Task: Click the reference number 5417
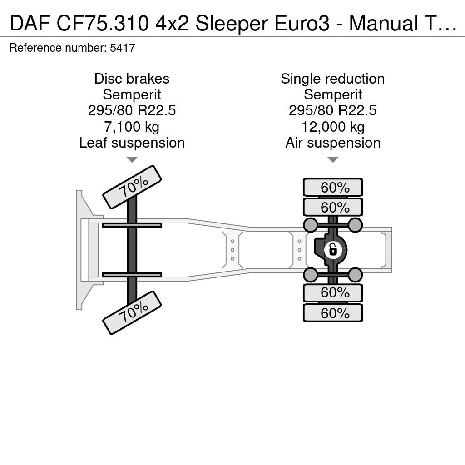click(x=123, y=48)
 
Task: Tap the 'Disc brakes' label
click(x=132, y=79)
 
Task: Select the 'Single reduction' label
click(x=333, y=79)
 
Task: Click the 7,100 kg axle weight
click(x=132, y=127)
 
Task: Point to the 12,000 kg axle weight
click(x=333, y=127)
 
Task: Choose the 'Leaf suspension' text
click(x=132, y=143)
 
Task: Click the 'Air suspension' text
click(x=333, y=143)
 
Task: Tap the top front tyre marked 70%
click(x=132, y=187)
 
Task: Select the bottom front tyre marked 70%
click(x=132, y=312)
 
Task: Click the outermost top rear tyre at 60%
click(x=333, y=187)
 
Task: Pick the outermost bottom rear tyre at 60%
click(x=333, y=313)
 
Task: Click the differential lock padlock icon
click(x=333, y=250)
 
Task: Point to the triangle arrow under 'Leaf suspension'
click(x=132, y=159)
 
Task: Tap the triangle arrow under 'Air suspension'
click(x=333, y=159)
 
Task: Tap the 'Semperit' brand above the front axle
click(x=132, y=95)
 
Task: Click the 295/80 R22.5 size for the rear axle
click(x=333, y=111)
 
